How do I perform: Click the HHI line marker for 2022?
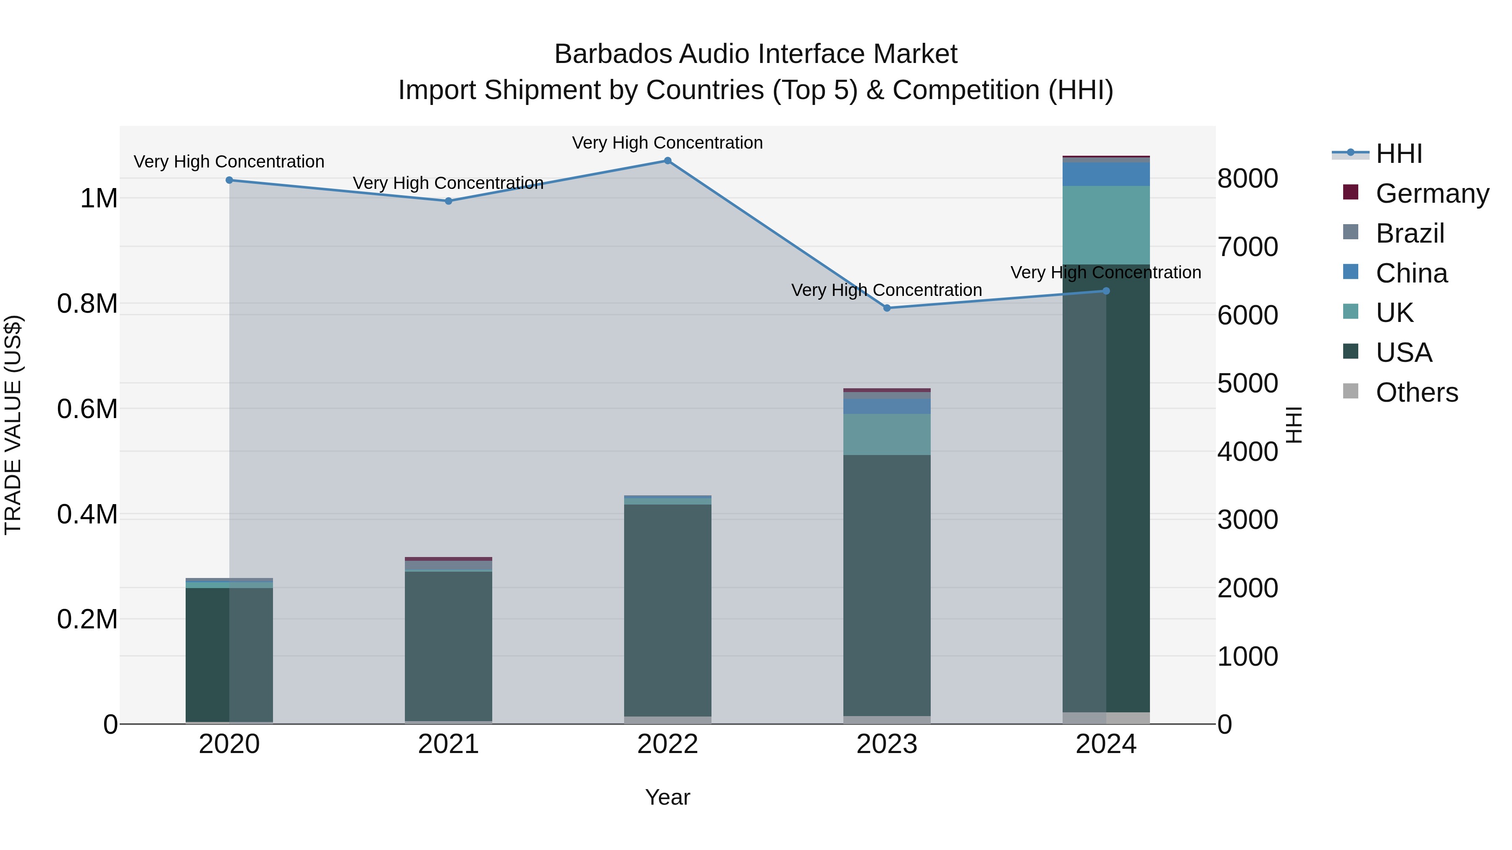coord(667,161)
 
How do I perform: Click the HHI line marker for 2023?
coord(887,308)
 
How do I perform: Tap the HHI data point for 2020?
coord(229,180)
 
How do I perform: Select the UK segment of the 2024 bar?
coord(1106,225)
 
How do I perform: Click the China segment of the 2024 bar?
coord(1106,174)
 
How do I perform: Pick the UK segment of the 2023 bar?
coord(887,435)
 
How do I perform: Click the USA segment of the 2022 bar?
coord(667,610)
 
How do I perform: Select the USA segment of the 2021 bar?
coord(449,645)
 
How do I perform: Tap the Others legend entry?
coord(1416,392)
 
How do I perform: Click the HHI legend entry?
coord(1398,154)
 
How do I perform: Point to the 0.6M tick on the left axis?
coord(87,409)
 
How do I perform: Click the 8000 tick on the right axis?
coord(1247,178)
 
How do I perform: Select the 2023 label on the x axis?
coord(887,744)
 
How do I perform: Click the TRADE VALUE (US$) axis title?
coord(13,425)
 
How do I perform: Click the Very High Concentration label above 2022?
coord(667,143)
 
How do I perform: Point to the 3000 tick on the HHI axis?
coord(1247,520)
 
